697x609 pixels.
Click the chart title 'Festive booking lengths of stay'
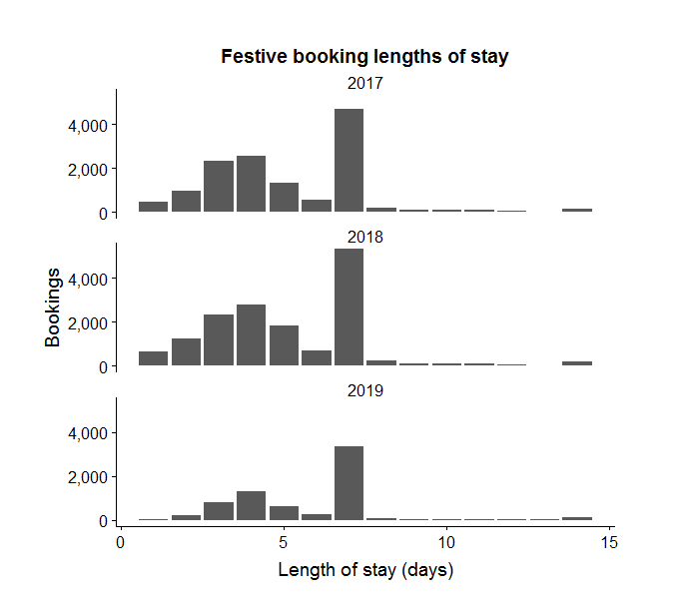tap(364, 57)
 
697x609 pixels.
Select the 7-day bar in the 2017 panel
tap(348, 161)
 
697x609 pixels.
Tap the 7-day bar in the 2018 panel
tap(348, 307)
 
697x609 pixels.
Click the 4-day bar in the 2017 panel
tap(251, 185)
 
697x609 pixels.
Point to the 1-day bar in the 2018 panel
tap(153, 358)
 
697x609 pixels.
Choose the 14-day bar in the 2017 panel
tap(577, 210)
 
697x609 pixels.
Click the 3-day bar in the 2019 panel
tap(219, 511)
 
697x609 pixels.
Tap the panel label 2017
tap(364, 84)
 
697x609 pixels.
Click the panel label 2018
tap(364, 238)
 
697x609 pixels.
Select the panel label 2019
tap(364, 391)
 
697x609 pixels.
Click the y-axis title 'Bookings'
tap(54, 305)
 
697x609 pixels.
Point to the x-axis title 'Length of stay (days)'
tap(364, 571)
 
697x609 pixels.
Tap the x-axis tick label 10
tap(446, 542)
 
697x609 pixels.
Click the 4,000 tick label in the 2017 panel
tap(87, 125)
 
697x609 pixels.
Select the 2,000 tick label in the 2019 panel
tap(87, 477)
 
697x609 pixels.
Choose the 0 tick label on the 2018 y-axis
tap(102, 367)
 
